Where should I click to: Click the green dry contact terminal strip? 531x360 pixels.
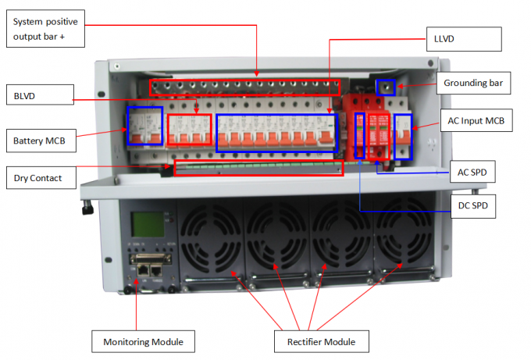(x=258, y=166)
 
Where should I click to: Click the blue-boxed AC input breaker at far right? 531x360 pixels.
(x=403, y=136)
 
